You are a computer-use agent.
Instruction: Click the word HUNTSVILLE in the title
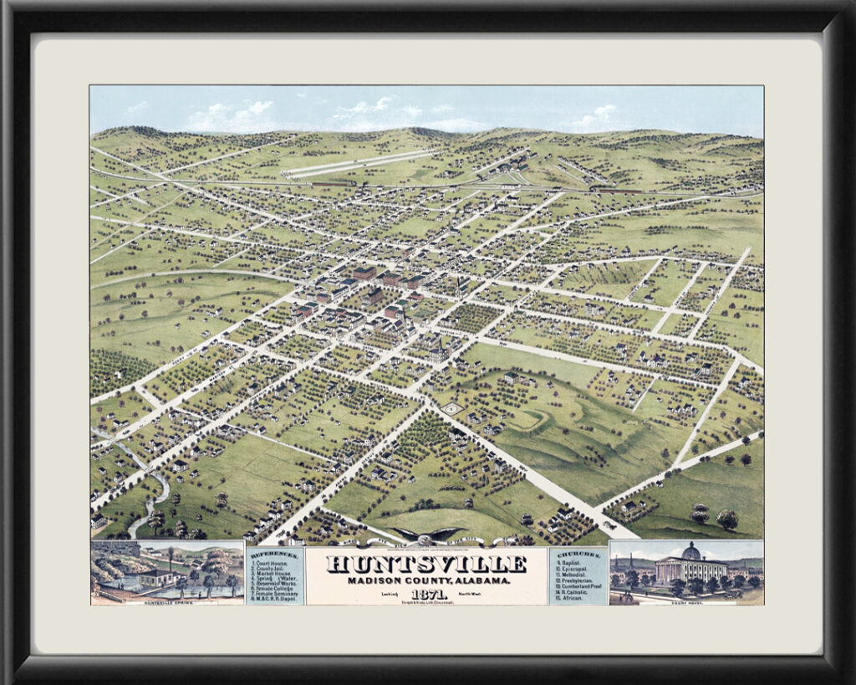click(x=426, y=565)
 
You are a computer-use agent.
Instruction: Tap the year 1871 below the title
click(x=427, y=594)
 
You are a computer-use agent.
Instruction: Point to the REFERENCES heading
click(x=275, y=555)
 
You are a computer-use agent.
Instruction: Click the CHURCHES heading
click(x=578, y=555)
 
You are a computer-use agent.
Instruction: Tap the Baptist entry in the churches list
click(x=575, y=565)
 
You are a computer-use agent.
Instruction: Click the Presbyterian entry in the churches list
click(x=578, y=579)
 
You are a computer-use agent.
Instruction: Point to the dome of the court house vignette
click(x=690, y=552)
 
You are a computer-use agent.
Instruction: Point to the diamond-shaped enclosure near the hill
click(x=451, y=408)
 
